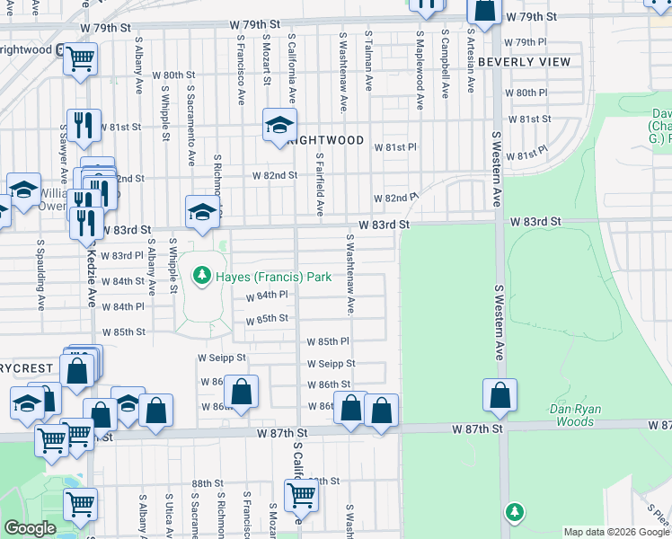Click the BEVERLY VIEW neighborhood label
(x=524, y=63)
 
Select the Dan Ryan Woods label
(x=572, y=415)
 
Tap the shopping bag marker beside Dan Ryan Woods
(x=500, y=395)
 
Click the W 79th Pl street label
(x=526, y=42)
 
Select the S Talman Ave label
(x=368, y=61)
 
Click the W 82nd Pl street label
(x=396, y=197)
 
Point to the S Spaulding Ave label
(x=40, y=274)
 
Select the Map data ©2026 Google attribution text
(x=616, y=532)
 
